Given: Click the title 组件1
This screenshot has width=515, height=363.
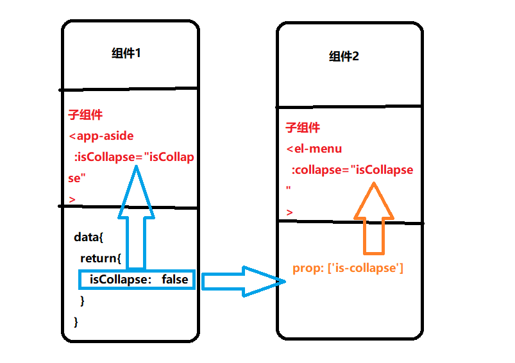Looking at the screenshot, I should (126, 53).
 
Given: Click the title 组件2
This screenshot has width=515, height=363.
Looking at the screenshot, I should (344, 56).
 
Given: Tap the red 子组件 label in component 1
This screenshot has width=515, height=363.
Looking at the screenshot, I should (85, 115).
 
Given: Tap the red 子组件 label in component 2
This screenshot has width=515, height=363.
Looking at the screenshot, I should (302, 128).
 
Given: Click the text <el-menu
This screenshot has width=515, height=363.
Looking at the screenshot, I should (314, 149).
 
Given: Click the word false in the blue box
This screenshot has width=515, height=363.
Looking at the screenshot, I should (175, 279).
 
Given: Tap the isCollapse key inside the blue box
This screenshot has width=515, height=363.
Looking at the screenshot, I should (120, 279).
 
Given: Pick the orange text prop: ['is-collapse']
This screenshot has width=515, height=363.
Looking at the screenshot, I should (348, 268).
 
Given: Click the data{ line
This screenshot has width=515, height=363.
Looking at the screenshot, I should (89, 237).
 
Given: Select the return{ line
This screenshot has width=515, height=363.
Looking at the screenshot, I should (101, 258).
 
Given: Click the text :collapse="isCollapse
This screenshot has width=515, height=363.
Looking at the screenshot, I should (352, 170).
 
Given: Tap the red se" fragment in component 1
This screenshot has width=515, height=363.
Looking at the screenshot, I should (78, 178).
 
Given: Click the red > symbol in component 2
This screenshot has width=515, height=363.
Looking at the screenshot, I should (290, 212).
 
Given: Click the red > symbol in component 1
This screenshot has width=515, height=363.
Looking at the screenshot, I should (72, 199).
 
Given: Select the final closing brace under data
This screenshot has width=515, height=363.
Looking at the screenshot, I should (77, 321).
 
